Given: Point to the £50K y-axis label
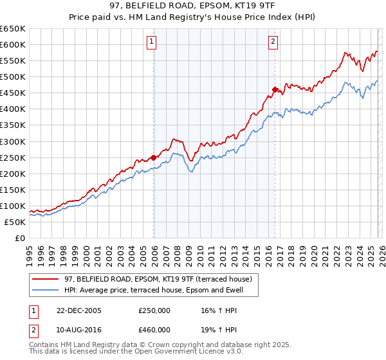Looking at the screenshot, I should [15, 222].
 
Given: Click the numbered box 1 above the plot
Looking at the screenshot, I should [151, 42].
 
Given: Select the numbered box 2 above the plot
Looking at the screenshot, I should [273, 42].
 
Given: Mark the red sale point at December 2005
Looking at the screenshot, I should [154, 157].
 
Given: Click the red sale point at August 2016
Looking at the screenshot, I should [275, 89].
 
